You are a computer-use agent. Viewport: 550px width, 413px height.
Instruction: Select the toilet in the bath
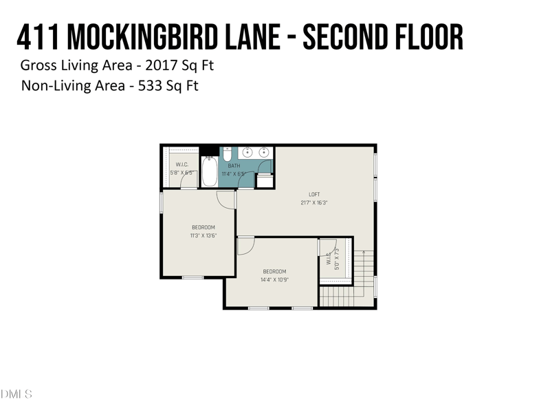[x=228, y=154]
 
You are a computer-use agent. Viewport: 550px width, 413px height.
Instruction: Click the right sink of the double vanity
[x=263, y=152]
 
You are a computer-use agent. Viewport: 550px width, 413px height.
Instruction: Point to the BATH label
[x=234, y=166]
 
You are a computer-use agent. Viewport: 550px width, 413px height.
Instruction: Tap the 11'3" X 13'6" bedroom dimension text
[x=203, y=235]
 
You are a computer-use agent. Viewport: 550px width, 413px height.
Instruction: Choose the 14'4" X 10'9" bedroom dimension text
[x=274, y=279]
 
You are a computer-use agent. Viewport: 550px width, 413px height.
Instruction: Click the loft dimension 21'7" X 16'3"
[x=314, y=203]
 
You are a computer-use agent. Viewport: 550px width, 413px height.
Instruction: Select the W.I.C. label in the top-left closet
[x=182, y=165]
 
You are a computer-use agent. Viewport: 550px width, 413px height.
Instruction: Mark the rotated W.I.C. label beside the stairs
[x=329, y=262]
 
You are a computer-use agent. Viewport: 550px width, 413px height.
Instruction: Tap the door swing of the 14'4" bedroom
[x=245, y=246]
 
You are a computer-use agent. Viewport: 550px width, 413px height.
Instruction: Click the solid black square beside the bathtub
[x=208, y=151]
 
